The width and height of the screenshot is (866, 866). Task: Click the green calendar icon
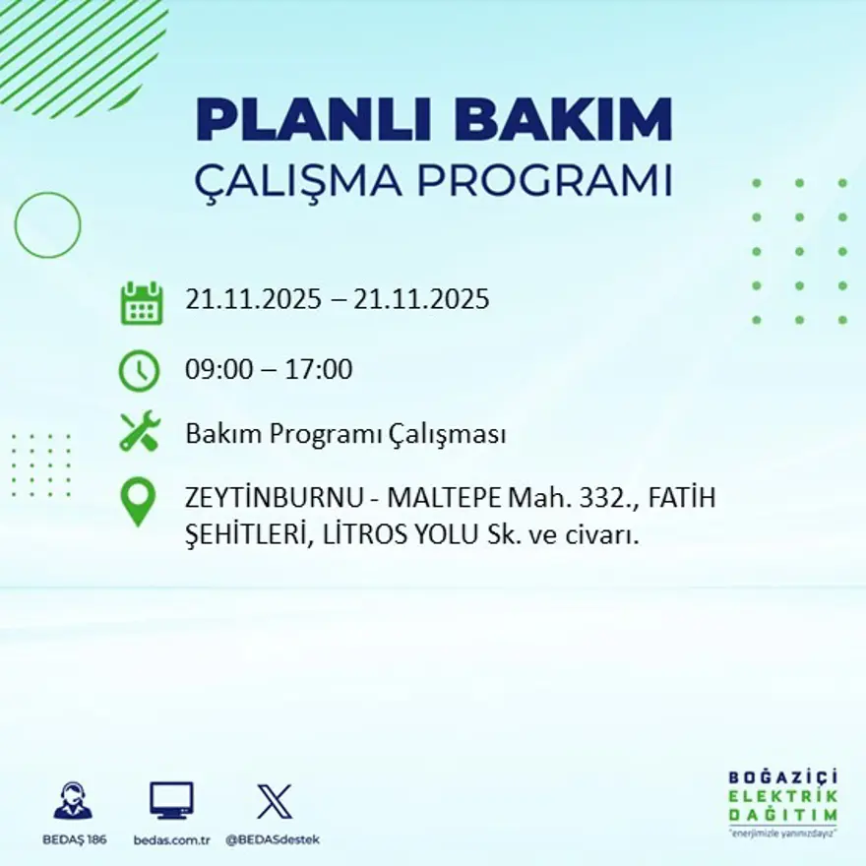point(141,303)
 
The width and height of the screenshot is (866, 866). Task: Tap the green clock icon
point(139,371)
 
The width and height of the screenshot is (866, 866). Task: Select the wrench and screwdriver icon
point(139,433)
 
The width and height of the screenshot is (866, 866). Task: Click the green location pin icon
point(139,501)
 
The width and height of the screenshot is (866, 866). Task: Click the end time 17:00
point(320,370)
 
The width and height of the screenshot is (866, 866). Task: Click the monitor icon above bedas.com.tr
point(171,800)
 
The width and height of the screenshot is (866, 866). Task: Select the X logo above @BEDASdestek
point(274,800)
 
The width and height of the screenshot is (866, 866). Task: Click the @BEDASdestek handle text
point(273,839)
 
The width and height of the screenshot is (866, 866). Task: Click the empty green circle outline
point(47,225)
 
